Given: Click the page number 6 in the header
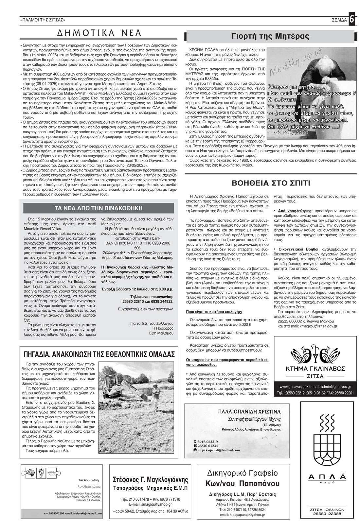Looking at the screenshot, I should coord(352,19).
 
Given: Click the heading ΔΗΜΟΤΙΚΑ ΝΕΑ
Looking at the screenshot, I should coord(99,33).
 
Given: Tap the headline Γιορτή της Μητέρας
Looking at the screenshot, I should coord(270,36).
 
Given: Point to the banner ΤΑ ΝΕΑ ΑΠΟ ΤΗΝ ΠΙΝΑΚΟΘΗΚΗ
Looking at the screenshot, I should coord(99,208).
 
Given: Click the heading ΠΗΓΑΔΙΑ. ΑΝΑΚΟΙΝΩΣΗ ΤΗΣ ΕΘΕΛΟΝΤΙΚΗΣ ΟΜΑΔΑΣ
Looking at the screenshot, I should coord(99,355).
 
